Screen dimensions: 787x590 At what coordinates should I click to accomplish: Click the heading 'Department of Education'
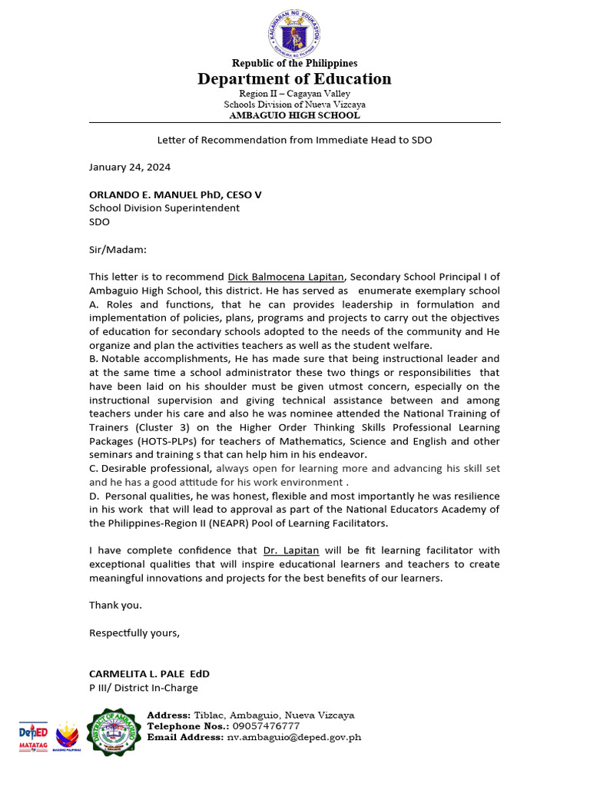294,78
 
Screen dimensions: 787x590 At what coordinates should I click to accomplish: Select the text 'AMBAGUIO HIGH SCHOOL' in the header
294,115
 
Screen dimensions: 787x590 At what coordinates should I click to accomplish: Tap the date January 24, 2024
130,167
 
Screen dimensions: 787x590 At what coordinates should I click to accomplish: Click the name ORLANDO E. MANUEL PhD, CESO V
175,194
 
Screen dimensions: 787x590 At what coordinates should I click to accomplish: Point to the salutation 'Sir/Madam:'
118,250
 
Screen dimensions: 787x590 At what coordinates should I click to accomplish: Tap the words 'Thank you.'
115,605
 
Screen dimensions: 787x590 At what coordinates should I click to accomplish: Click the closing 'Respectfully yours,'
134,633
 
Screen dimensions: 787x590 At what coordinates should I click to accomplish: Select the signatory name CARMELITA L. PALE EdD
149,674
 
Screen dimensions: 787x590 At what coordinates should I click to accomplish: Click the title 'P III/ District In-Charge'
144,688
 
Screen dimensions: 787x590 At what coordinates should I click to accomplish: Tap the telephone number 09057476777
264,726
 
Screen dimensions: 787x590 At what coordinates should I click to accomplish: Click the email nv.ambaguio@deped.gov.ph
293,737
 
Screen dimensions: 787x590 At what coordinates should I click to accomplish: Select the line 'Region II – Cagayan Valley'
294,93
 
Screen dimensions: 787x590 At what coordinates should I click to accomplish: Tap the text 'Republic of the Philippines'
294,63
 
